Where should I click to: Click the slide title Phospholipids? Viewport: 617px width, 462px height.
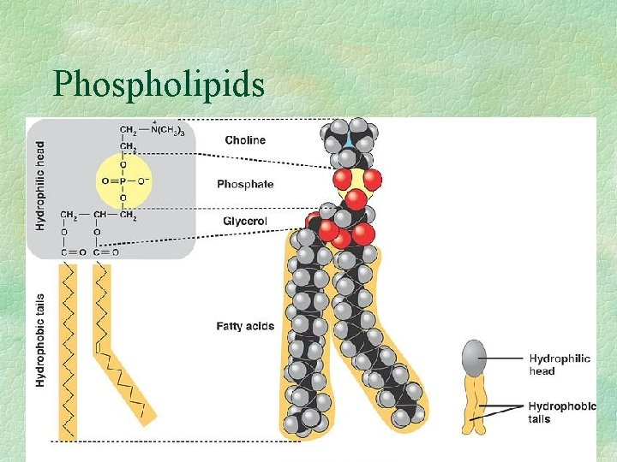click(x=158, y=84)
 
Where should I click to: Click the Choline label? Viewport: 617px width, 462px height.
click(x=245, y=140)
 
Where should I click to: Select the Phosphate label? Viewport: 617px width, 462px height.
click(x=245, y=184)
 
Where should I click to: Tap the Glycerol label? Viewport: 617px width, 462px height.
click(x=245, y=222)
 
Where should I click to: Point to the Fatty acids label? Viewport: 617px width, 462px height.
click(x=245, y=326)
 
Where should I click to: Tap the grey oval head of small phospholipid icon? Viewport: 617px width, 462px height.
click(x=475, y=358)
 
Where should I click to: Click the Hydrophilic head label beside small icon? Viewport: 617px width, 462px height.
click(x=559, y=364)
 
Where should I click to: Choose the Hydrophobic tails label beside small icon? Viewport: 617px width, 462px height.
click(x=562, y=412)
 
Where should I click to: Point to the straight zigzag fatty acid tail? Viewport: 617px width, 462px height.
click(x=68, y=351)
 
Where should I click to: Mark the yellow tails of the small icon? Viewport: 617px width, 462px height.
click(x=475, y=402)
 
